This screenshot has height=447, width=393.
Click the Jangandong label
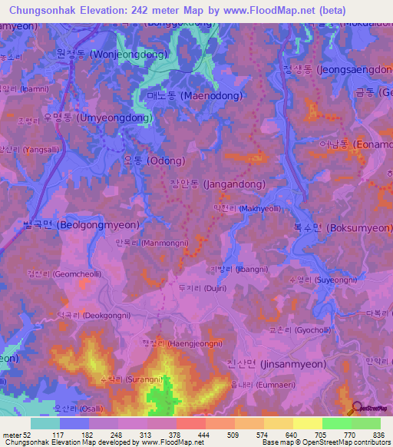tap(217, 184)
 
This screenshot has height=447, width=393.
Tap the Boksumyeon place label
tap(348, 228)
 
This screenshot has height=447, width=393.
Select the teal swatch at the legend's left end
tap(45, 423)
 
